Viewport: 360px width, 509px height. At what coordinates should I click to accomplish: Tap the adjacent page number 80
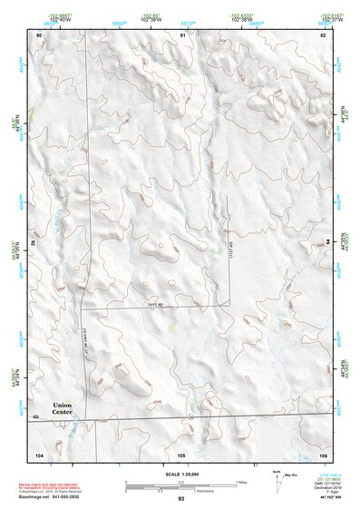coord(39,34)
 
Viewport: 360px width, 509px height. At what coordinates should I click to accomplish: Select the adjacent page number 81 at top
coord(181,34)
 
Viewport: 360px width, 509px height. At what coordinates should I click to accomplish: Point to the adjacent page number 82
coord(322,34)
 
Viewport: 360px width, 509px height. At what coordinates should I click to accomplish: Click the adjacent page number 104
coord(39,454)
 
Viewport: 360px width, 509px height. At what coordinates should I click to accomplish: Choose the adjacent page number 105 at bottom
coord(181,454)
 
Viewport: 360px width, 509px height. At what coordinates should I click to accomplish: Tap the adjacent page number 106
coord(322,454)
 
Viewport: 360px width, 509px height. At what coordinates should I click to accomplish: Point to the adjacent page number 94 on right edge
coord(327,243)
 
